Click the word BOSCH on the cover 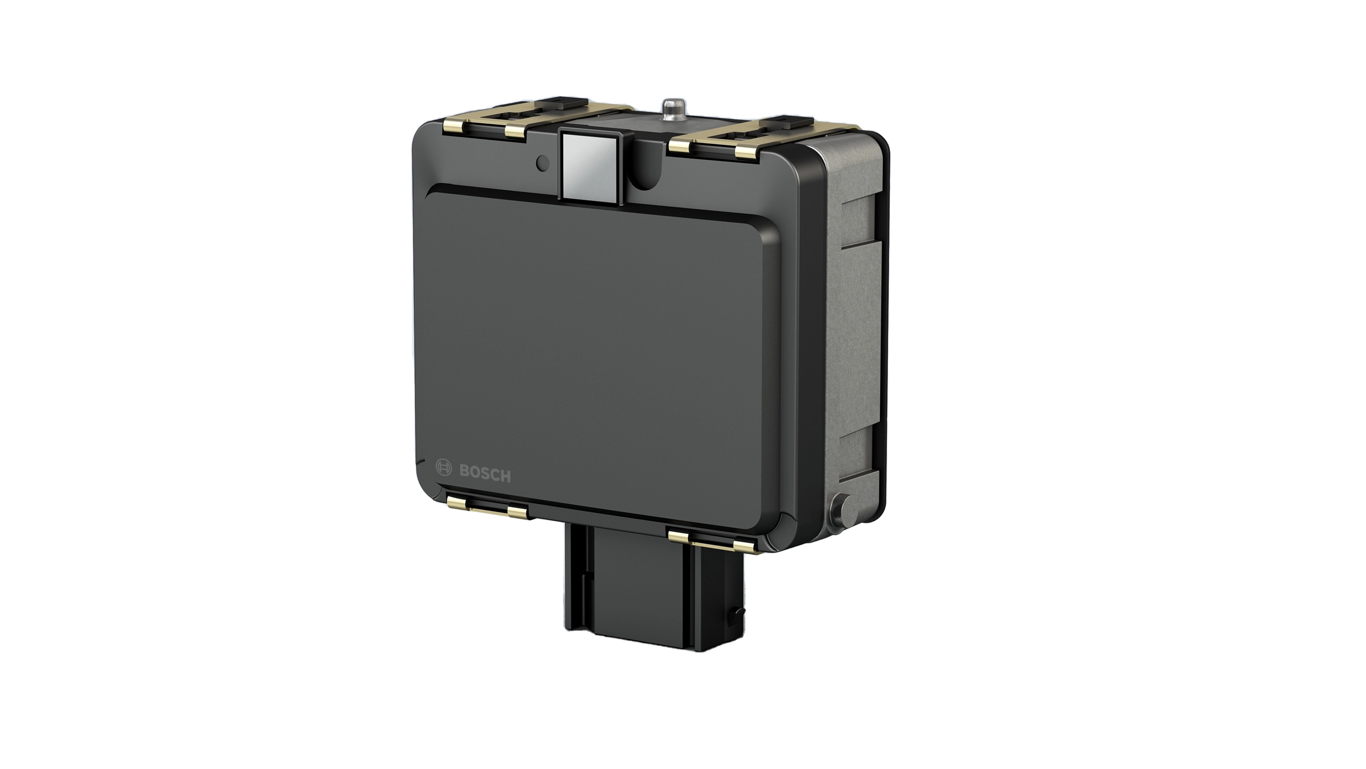tap(485, 473)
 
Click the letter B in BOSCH tap(464, 471)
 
